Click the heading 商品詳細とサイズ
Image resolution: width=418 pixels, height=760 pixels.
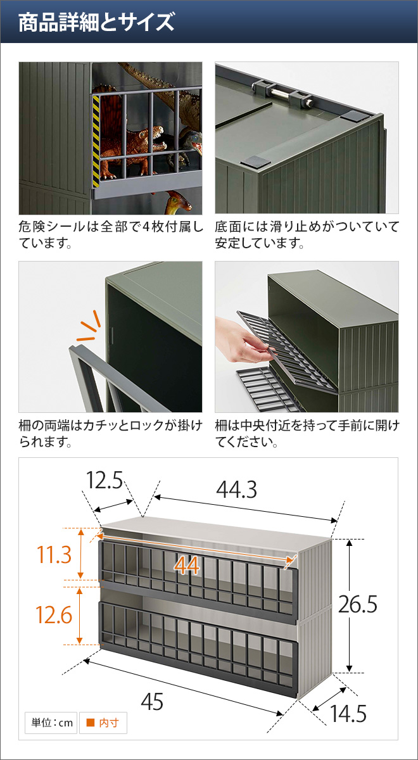point(96,23)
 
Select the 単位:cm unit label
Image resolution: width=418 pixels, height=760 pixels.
point(50,723)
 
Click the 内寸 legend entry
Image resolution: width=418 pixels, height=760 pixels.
point(103,723)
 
